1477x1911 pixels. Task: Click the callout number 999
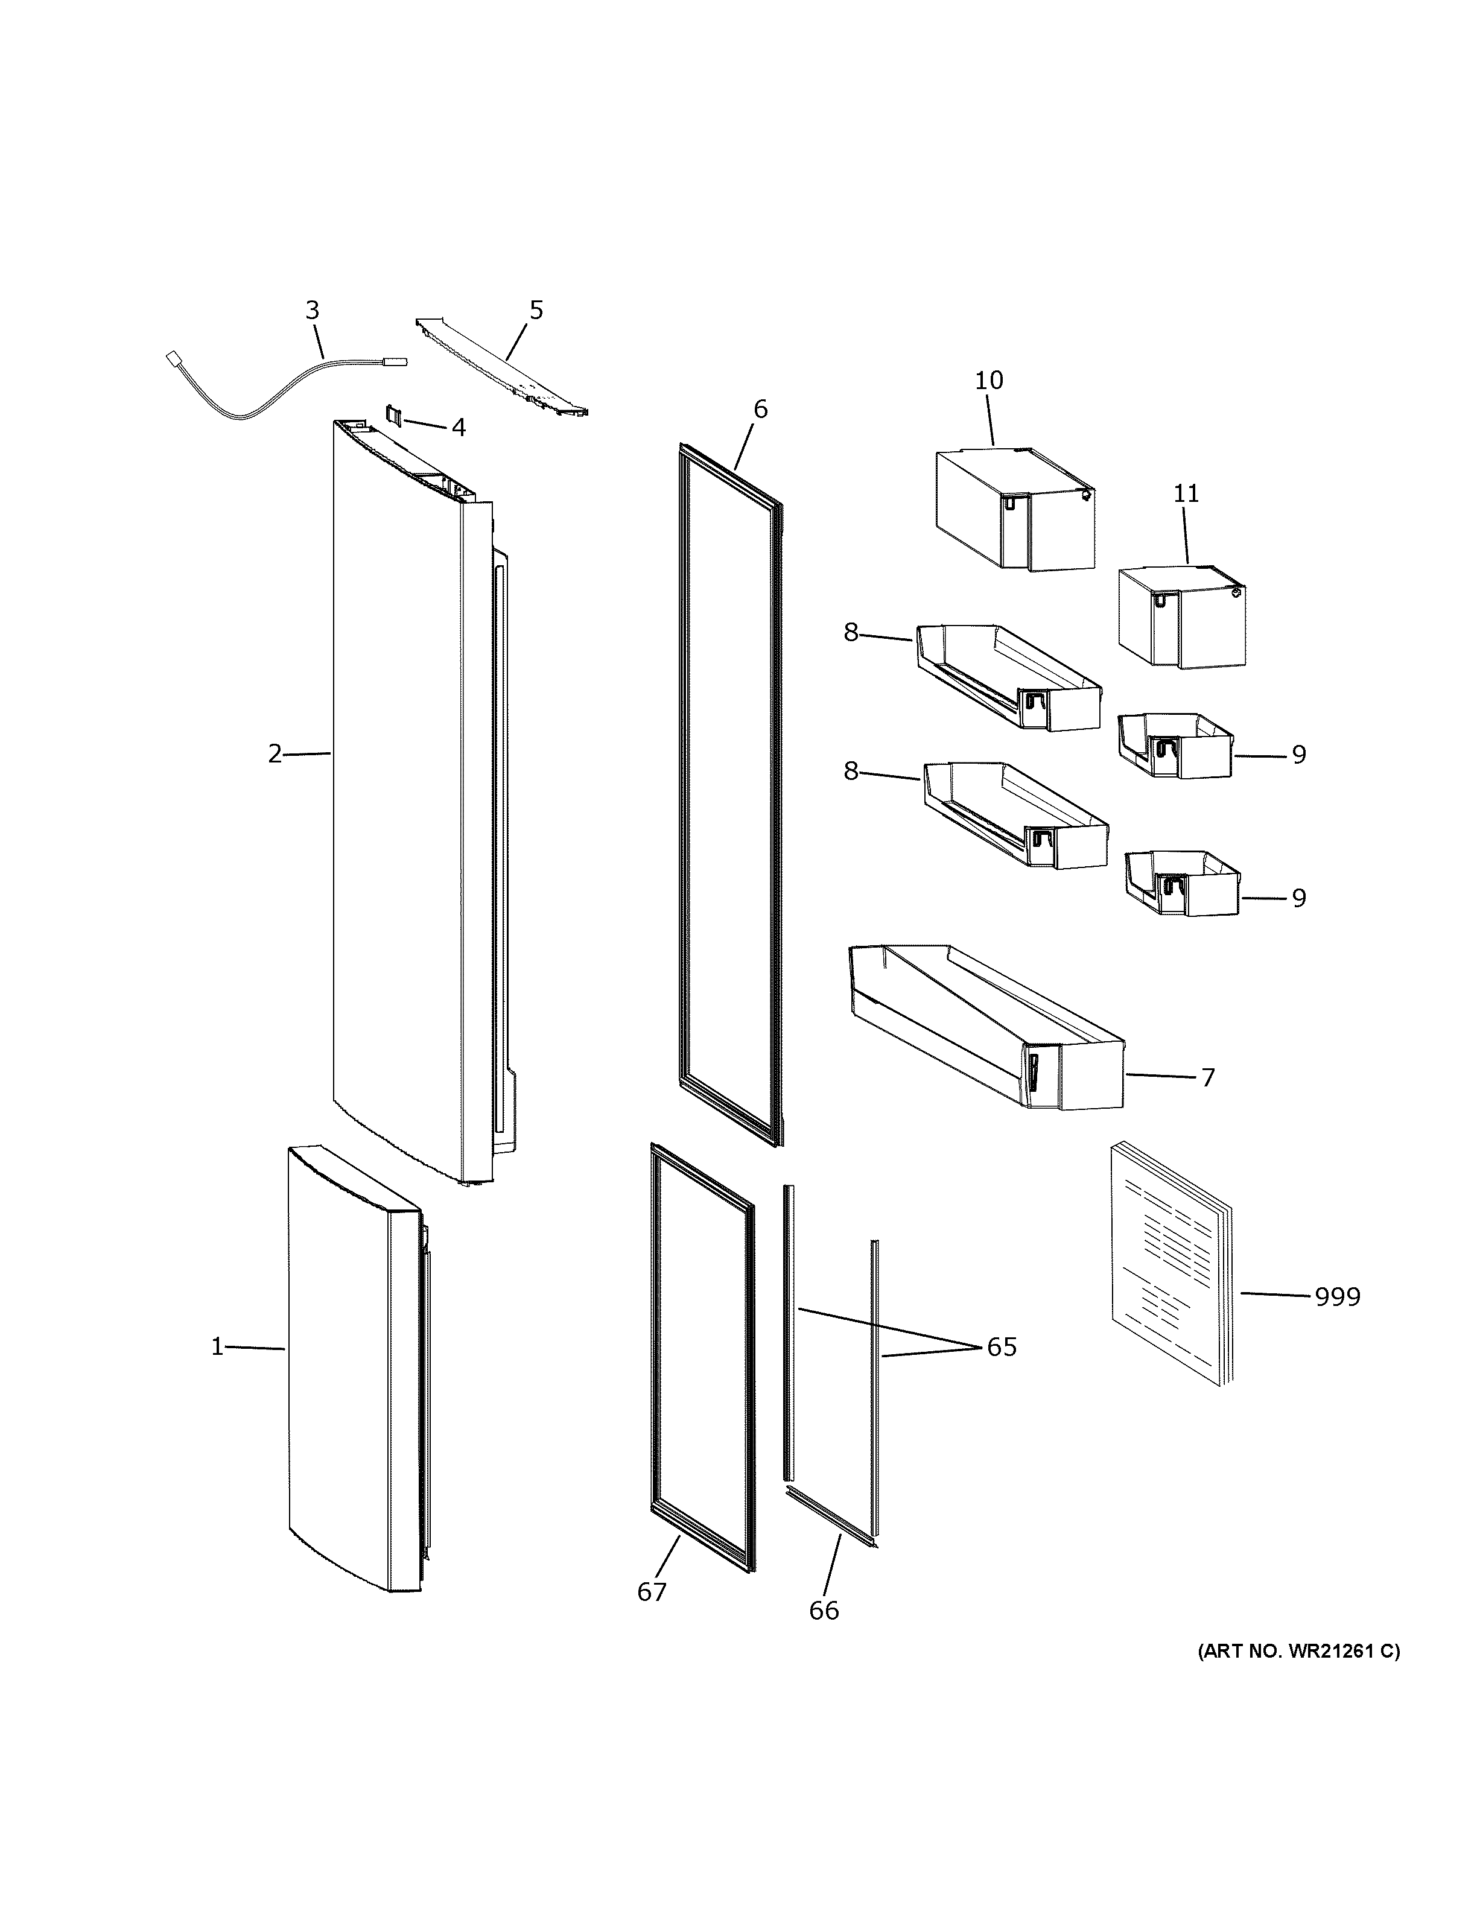pos(1338,1321)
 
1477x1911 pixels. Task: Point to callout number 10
pos(989,381)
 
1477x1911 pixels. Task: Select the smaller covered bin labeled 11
pos(1181,618)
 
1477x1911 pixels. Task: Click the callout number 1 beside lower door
pos(218,1348)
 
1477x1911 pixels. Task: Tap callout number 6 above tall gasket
pos(760,410)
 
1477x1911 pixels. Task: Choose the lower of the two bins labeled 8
pos(1015,818)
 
